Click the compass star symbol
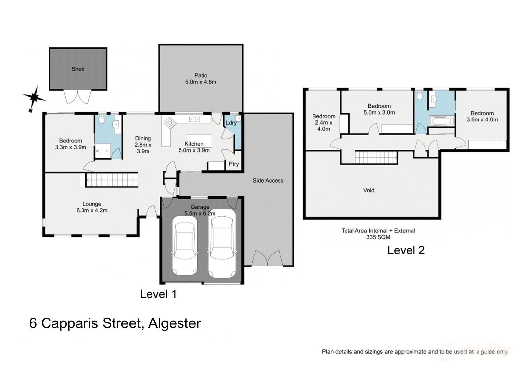pyautogui.click(x=34, y=97)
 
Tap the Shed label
pyautogui.click(x=78, y=69)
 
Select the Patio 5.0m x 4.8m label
pyautogui.click(x=201, y=79)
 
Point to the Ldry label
pyautogui.click(x=231, y=123)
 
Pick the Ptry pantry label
pyautogui.click(x=234, y=164)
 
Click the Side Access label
pyautogui.click(x=268, y=180)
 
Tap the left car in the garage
pyautogui.click(x=184, y=245)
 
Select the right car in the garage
pyautogui.click(x=222, y=243)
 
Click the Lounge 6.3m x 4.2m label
pyautogui.click(x=92, y=207)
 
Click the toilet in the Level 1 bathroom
pyautogui.click(x=101, y=119)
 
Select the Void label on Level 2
pyautogui.click(x=369, y=190)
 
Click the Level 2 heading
pyautogui.click(x=406, y=250)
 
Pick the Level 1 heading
pyautogui.click(x=158, y=294)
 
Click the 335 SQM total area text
pyautogui.click(x=378, y=237)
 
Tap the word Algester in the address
pyautogui.click(x=175, y=323)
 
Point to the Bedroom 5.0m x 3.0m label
pyautogui.click(x=379, y=109)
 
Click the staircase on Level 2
pyautogui.click(x=376, y=157)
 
